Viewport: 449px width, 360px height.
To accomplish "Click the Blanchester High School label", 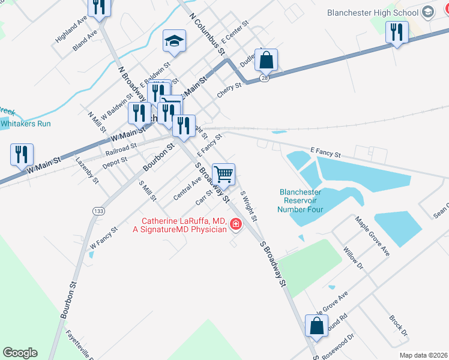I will coord(372,13).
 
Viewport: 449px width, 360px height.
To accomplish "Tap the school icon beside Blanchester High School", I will coord(427,12).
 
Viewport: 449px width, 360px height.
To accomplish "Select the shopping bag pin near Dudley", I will coord(267,61).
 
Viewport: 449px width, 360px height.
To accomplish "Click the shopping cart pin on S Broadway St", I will coord(223,175).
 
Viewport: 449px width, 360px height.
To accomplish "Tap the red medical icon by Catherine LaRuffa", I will coord(236,224).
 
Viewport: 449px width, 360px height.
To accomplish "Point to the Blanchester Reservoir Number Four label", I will coord(300,201).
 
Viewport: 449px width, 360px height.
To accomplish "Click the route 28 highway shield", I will coord(264,78).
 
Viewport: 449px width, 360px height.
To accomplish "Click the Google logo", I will coord(20,353).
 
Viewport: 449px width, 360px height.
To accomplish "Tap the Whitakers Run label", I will coord(25,124).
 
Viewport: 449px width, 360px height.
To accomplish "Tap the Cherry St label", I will coord(229,91).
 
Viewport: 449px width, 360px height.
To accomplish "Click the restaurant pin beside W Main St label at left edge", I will coord(22,154).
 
